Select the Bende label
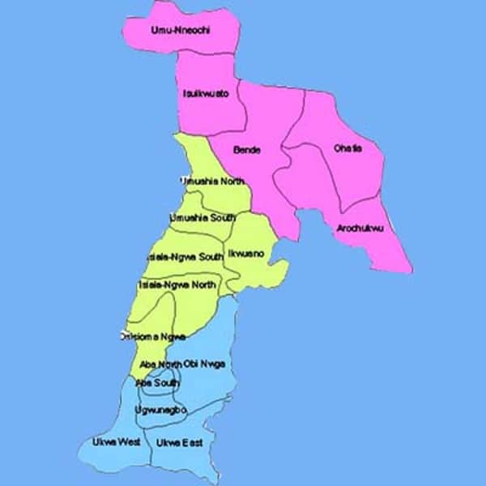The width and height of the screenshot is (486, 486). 246,150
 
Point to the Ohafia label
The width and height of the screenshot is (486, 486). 348,148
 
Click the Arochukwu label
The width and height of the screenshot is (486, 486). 360,228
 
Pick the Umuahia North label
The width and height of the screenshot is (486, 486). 212,181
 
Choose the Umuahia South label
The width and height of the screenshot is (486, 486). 202,219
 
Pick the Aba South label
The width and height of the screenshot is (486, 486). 158,382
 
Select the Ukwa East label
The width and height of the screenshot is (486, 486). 179,442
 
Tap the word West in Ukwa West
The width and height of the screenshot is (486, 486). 130,441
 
